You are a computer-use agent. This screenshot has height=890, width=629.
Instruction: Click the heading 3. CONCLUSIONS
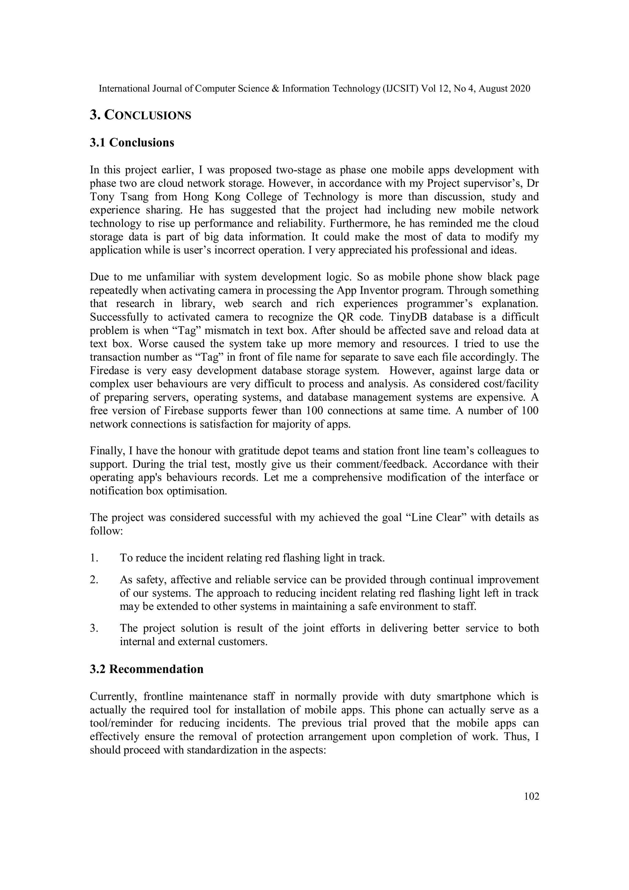tap(140, 115)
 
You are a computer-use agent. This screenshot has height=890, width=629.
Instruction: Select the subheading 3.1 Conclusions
tap(132, 143)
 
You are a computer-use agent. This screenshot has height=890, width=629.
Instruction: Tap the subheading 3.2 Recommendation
tap(147, 669)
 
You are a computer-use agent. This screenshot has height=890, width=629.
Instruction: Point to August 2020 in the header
tap(504, 89)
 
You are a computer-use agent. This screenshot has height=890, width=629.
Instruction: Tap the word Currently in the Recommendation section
tap(113, 696)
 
